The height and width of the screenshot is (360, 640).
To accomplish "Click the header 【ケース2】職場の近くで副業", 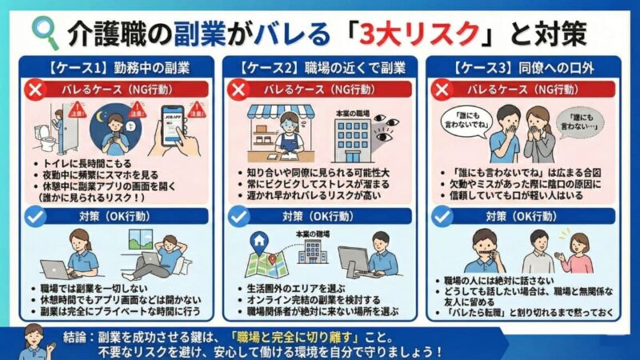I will point(318,65).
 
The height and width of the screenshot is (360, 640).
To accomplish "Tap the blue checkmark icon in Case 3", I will point(442,216).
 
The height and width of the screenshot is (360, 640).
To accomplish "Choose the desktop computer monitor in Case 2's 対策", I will point(352,260).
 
